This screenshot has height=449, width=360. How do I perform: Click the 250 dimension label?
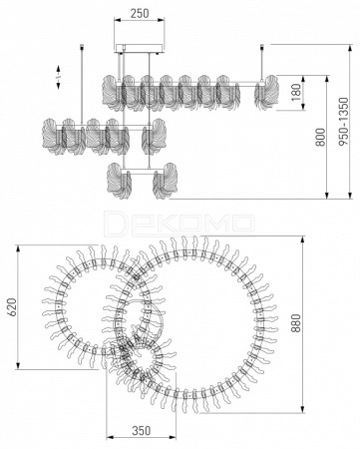140,13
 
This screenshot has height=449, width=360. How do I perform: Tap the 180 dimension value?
296,92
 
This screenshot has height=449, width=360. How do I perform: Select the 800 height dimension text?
320,137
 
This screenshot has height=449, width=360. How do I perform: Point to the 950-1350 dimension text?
343,122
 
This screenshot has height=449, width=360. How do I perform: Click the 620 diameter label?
11,307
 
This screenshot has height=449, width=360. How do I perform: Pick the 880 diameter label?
295,323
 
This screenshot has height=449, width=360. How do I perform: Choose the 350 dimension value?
142,430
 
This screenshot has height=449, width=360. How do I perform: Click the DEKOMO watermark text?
180,221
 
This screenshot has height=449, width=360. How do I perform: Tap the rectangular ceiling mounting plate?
140,48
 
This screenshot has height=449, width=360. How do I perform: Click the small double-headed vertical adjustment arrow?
58,77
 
